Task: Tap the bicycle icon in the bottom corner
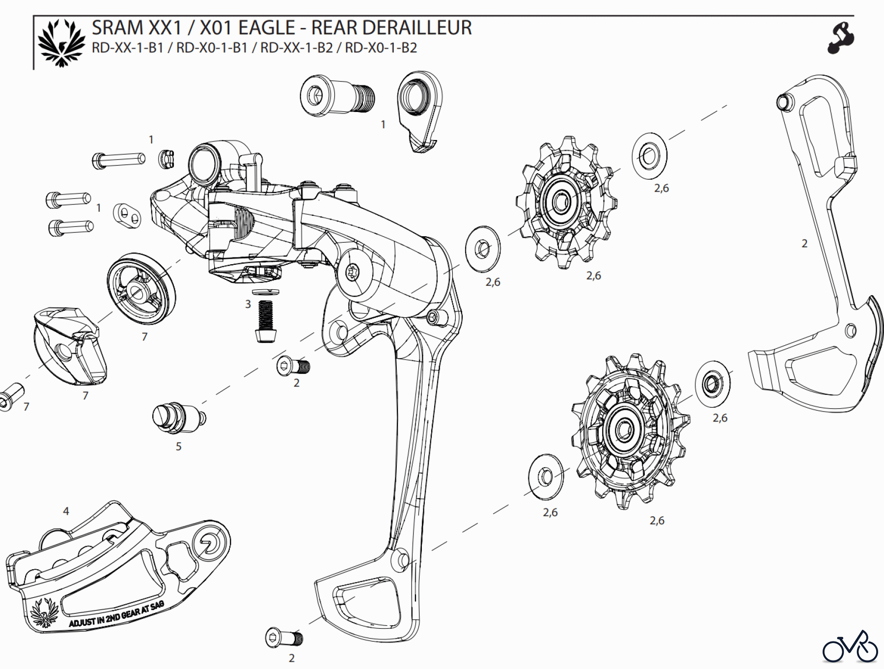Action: [x=850, y=647]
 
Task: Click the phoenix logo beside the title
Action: [x=61, y=43]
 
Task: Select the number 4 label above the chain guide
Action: [x=66, y=511]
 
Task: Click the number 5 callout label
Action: [x=179, y=446]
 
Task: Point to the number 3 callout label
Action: [x=248, y=305]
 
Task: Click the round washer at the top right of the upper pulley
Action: [x=649, y=156]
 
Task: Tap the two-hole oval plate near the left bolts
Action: [x=127, y=215]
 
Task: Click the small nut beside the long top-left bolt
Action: [x=166, y=159]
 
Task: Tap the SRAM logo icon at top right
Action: [x=841, y=38]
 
